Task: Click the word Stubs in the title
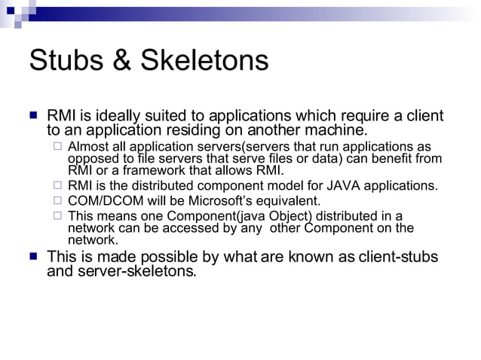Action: (63, 60)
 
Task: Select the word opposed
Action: (92, 158)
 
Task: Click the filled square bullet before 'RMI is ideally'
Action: (33, 117)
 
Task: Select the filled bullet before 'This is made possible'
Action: (33, 257)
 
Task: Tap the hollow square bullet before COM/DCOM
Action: (57, 200)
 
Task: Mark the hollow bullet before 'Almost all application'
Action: (57, 146)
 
